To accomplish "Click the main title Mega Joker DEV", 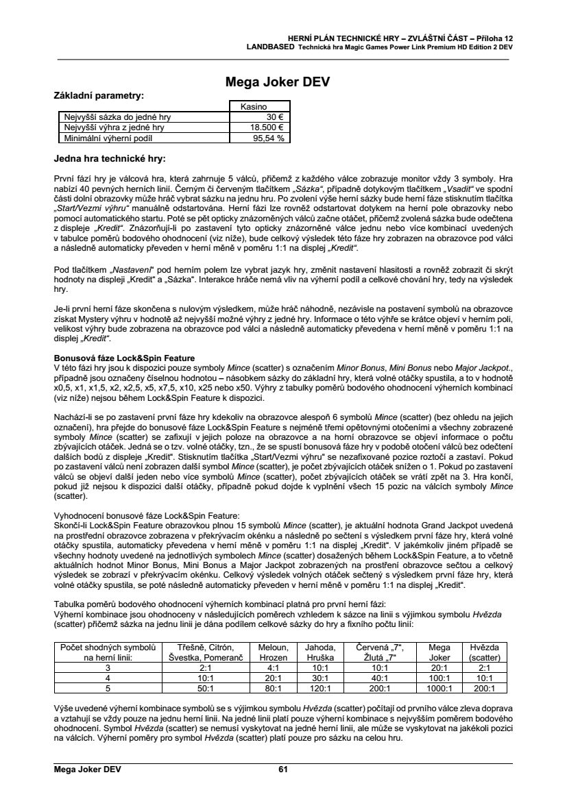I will click(x=278, y=83).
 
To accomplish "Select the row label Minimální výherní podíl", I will click(x=110, y=138).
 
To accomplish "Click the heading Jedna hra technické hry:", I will click(x=109, y=159).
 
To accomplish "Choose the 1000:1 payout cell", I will click(x=439, y=688).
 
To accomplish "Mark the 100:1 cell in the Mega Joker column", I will click(x=439, y=677).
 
